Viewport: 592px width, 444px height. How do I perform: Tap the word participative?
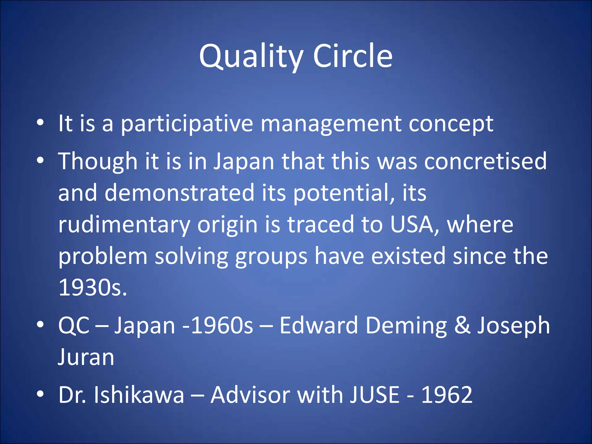(187, 124)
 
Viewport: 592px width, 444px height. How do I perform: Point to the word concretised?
(485, 161)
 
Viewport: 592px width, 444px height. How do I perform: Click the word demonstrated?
(179, 193)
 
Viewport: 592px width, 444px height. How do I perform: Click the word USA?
(412, 225)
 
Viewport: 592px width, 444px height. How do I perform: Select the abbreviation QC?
(74, 325)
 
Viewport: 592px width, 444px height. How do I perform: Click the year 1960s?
(222, 325)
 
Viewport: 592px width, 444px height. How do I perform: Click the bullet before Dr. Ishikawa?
(40, 394)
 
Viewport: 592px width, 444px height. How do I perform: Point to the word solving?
(191, 256)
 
